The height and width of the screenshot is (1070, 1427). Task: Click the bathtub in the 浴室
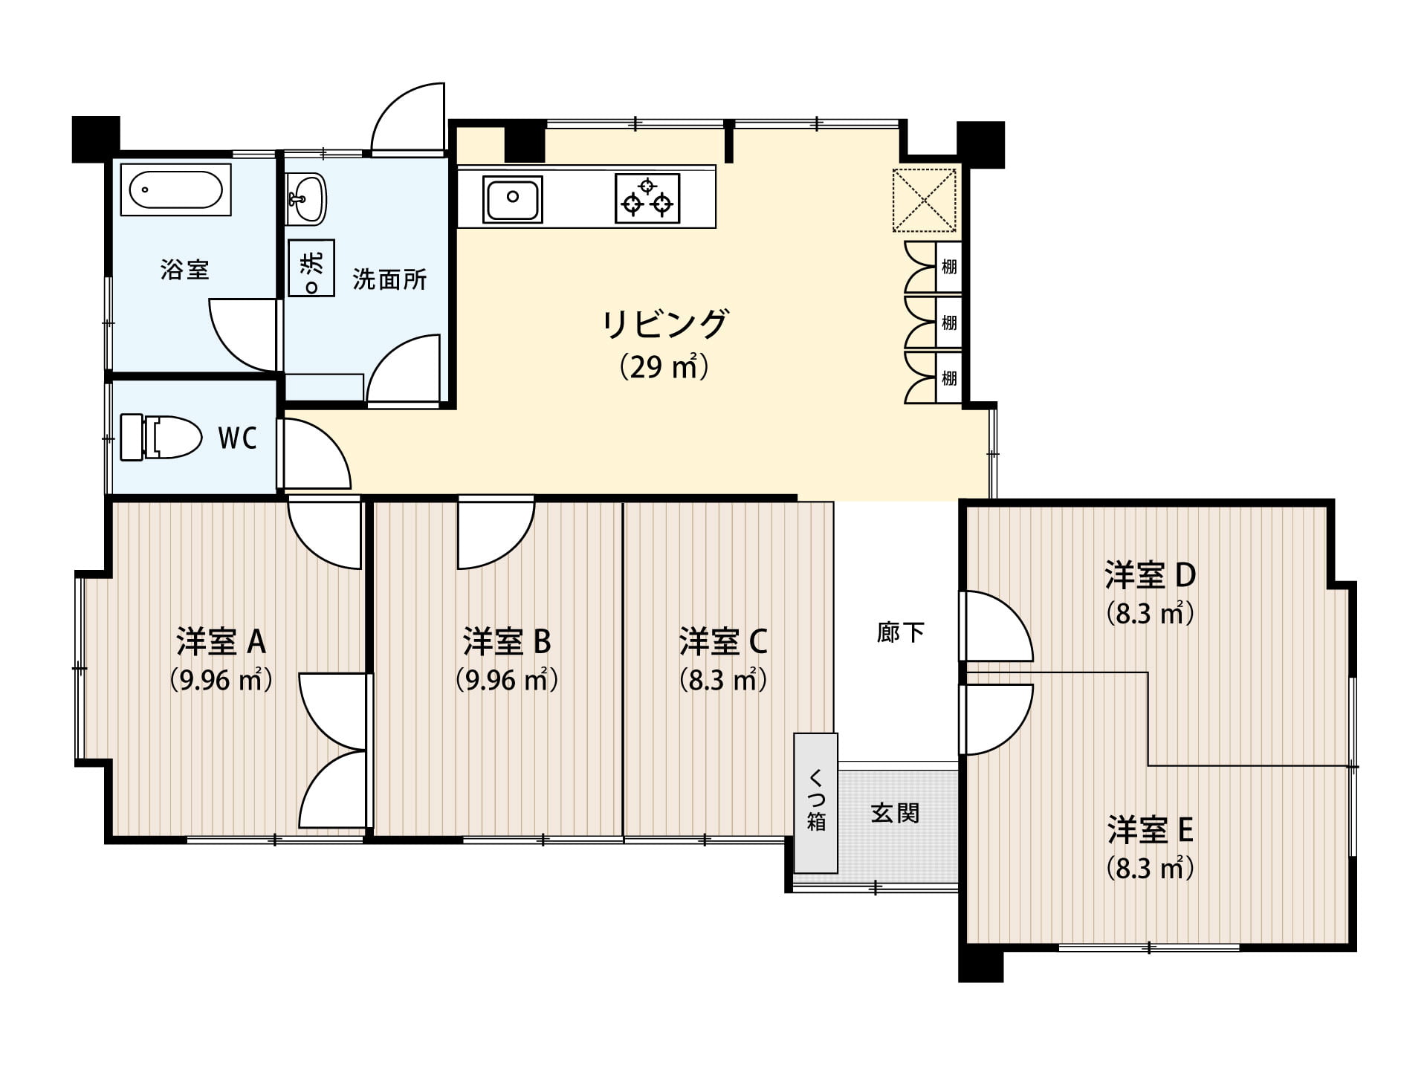click(x=175, y=189)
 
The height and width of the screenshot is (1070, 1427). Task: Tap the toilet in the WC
click(x=161, y=437)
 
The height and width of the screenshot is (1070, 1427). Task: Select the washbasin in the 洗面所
click(x=306, y=198)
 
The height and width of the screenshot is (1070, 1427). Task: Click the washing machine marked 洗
click(x=311, y=267)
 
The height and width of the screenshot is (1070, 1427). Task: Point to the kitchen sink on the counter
click(x=512, y=198)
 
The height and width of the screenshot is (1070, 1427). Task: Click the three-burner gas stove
click(x=647, y=198)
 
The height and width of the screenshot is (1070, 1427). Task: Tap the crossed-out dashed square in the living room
click(x=924, y=200)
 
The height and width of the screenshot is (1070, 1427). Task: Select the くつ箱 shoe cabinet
click(x=816, y=802)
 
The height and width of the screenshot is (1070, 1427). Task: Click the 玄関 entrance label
click(x=895, y=813)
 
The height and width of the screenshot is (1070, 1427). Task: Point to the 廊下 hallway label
click(x=900, y=632)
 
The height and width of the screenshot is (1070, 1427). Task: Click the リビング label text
click(x=664, y=324)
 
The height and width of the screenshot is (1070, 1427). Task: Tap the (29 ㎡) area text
click(x=664, y=367)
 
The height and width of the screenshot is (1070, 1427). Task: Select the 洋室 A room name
click(x=221, y=641)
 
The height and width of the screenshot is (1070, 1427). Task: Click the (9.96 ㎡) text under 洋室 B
click(x=507, y=680)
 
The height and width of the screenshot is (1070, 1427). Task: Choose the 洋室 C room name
click(x=723, y=641)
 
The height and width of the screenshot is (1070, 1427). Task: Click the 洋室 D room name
click(x=1150, y=574)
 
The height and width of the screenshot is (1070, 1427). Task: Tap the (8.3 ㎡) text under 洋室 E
click(x=1150, y=868)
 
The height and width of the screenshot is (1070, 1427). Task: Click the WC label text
click(x=237, y=438)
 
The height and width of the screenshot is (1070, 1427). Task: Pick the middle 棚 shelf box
click(x=949, y=322)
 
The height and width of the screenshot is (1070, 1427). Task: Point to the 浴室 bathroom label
click(x=185, y=269)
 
